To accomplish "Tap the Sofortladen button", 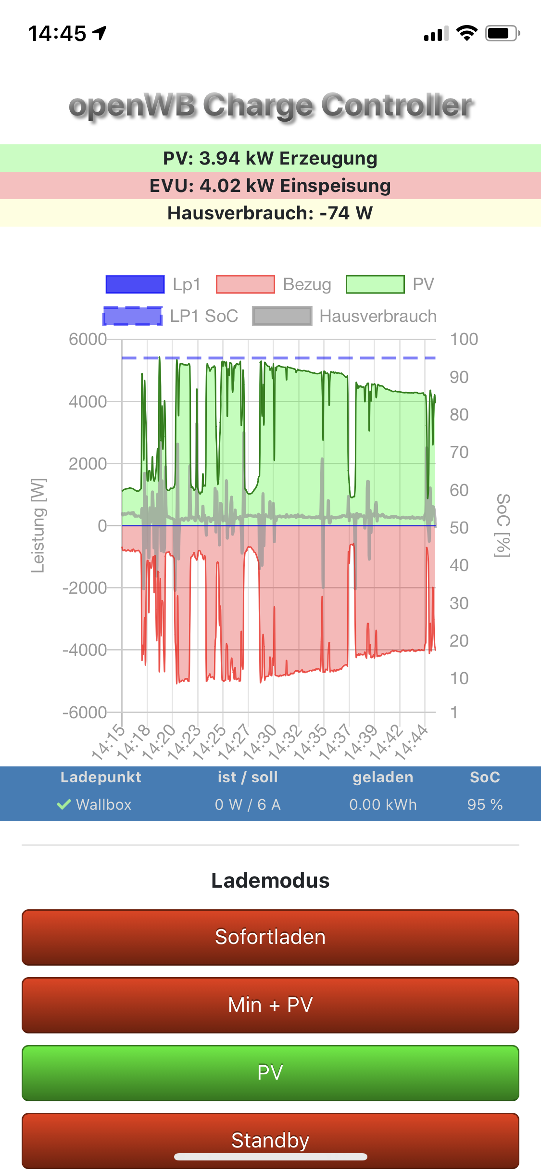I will tap(270, 937).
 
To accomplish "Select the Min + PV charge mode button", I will tap(270, 1005).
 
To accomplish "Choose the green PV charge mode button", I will tap(270, 1073).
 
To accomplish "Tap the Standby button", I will tap(270, 1140).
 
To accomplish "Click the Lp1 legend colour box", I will tap(135, 284).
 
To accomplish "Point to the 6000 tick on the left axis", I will tap(88, 339).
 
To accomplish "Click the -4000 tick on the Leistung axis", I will tap(85, 650).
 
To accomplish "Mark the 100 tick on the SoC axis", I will tap(464, 339).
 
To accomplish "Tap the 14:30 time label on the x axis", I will tap(261, 741).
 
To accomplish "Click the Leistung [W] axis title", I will tap(38, 525).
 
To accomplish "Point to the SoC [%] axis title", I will tap(503, 525).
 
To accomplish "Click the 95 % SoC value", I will tap(485, 804).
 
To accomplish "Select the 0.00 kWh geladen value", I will tap(383, 804).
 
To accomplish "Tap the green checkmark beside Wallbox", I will tap(64, 804).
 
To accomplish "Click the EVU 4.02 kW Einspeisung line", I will tap(270, 186).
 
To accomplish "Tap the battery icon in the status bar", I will tap(502, 33).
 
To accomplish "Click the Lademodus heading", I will tap(270, 880).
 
